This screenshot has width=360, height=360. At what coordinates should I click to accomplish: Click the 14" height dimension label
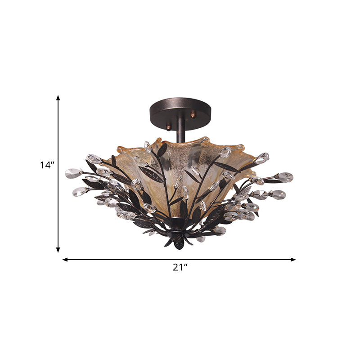47,165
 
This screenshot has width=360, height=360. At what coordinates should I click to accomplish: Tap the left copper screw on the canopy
168,127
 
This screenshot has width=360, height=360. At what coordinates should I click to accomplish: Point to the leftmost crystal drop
72,173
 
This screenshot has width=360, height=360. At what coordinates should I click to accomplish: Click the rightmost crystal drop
284,177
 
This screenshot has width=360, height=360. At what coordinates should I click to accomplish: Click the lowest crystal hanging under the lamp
201,238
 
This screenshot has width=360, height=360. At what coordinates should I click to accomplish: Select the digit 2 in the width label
175,267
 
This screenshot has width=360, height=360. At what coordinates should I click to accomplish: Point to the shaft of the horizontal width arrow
135,260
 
